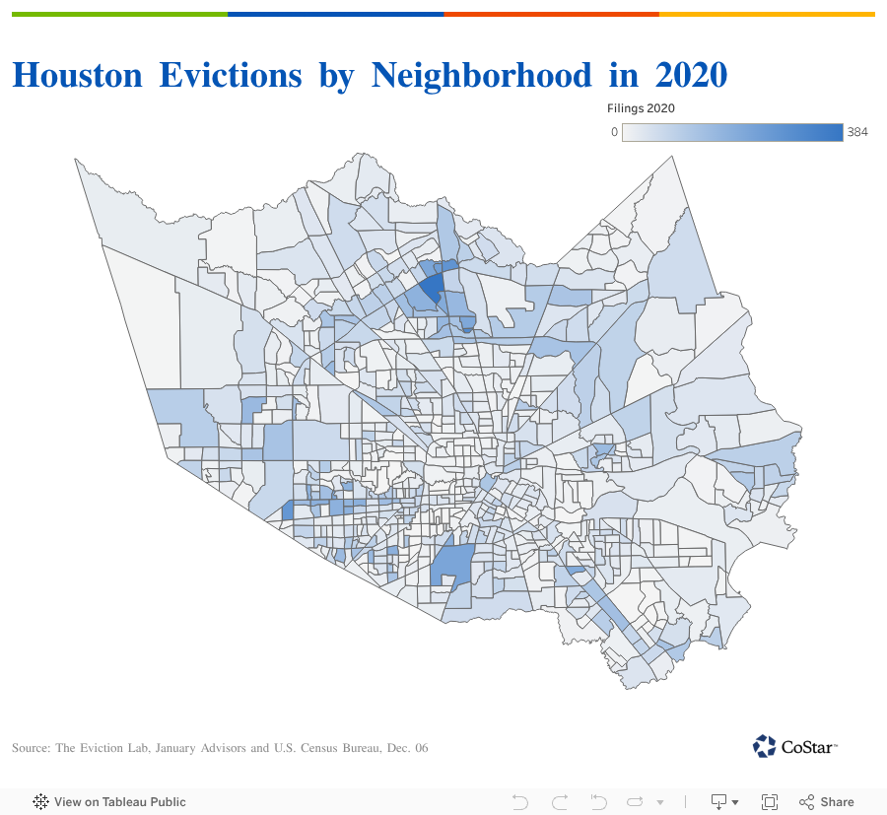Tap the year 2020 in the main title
click(x=690, y=75)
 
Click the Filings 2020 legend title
click(x=641, y=108)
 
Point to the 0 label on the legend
click(x=614, y=132)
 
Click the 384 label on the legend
click(x=857, y=132)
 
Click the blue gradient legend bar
click(x=732, y=132)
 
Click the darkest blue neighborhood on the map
click(x=432, y=288)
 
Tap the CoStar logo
click(x=795, y=746)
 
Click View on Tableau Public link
click(x=109, y=802)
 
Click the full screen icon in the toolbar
click(x=770, y=802)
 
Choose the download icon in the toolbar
click(x=720, y=802)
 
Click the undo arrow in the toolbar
click(x=520, y=802)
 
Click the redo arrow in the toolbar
click(x=560, y=802)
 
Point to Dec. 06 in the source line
click(x=408, y=749)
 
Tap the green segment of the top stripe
click(x=119, y=14)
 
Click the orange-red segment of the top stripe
click(x=551, y=14)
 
